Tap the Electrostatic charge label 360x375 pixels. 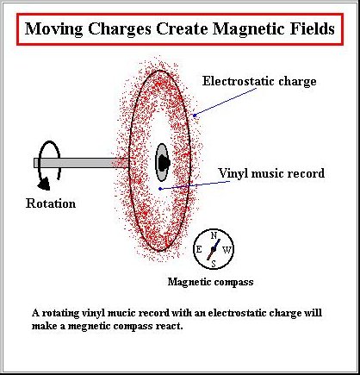coord(259,81)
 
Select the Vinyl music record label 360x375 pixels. coord(271,173)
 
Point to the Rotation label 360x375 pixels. coord(51,203)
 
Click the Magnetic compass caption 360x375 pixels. coord(210,282)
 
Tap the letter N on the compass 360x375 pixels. coord(214,236)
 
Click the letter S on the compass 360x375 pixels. coord(214,264)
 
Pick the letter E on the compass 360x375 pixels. coord(199,249)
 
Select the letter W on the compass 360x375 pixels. coord(227,250)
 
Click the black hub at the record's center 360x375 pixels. coord(164,163)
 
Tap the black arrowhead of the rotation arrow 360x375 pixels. coord(44,184)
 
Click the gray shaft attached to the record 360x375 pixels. coord(81,163)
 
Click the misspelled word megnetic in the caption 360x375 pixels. coord(90,327)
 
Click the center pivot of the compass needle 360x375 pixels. coord(214,249)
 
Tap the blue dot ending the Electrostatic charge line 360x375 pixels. coord(195,116)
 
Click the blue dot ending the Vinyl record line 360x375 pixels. coord(160,189)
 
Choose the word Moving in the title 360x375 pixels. coord(54,28)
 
